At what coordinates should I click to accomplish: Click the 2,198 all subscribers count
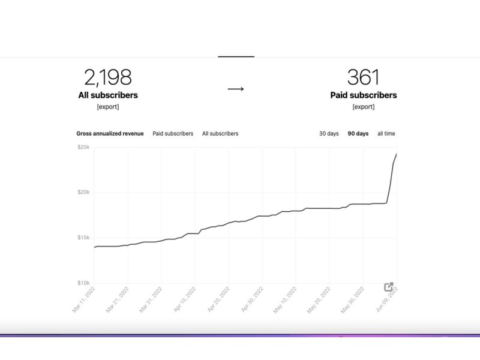(108, 77)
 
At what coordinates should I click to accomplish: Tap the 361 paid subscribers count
(364, 77)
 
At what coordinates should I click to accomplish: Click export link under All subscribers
(108, 107)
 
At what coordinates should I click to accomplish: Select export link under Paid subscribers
(364, 107)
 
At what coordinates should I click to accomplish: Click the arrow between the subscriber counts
(236, 89)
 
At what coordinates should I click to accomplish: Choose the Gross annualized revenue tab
(110, 133)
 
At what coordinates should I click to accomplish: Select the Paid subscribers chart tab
(173, 133)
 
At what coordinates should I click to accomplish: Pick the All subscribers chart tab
(220, 133)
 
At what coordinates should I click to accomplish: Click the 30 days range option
(329, 133)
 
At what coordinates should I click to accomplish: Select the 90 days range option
(358, 133)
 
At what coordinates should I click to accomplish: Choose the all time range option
(386, 133)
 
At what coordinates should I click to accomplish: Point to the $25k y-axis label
(83, 147)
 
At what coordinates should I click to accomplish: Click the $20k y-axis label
(83, 192)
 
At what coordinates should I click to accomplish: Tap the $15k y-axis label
(83, 238)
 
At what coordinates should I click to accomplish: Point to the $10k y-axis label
(83, 283)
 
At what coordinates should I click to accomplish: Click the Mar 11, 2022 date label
(83, 299)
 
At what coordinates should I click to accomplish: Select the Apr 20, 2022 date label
(218, 299)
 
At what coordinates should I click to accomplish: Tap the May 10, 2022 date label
(284, 300)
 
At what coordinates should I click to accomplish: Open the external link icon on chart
(388, 287)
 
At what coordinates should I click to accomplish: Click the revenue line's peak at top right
(397, 154)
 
